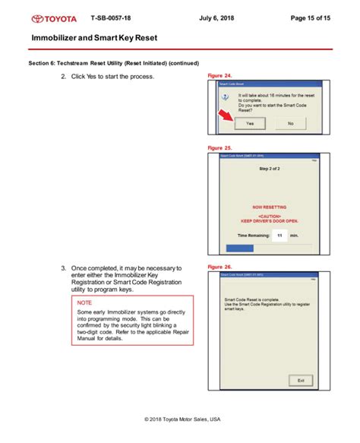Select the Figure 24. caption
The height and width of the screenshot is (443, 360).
(219, 77)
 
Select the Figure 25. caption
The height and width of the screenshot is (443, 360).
(219, 147)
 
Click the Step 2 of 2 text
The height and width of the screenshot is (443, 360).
(270, 168)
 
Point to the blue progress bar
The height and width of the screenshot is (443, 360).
(243, 247)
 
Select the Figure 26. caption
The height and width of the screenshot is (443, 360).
(219, 267)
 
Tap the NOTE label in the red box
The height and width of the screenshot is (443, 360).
(85, 302)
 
